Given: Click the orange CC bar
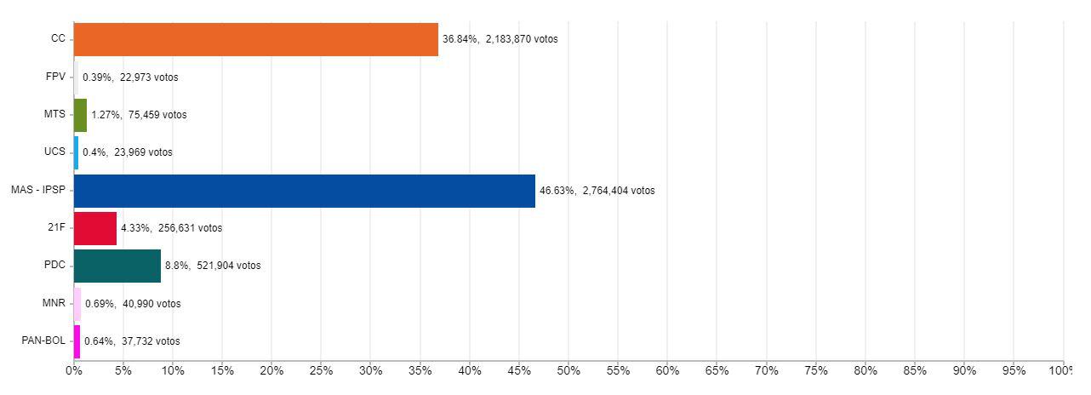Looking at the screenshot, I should [x=255, y=39].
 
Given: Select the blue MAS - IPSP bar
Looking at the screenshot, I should [x=305, y=191].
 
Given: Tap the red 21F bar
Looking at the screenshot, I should [x=95, y=228].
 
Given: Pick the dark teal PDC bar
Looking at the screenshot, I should [x=117, y=266].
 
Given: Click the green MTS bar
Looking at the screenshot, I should [x=80, y=115].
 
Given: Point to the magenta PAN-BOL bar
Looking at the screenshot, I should [x=77, y=341].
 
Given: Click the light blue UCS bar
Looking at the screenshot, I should [x=76, y=152].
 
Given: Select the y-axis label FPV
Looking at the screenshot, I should [x=55, y=77].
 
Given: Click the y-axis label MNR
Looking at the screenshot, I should [x=54, y=303].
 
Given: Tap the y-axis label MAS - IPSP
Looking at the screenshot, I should [x=37, y=190].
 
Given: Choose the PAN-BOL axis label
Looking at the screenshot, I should [x=43, y=341].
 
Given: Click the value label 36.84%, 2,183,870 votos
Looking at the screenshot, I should [x=500, y=39].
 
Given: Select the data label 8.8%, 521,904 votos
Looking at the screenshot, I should [x=213, y=266].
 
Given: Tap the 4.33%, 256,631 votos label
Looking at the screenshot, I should [x=171, y=228].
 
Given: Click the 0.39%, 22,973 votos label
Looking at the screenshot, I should [x=130, y=77].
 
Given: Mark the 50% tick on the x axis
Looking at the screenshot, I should [x=568, y=371].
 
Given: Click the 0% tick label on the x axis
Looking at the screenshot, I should [x=74, y=371].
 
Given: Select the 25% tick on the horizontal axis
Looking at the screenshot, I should [x=321, y=371].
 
